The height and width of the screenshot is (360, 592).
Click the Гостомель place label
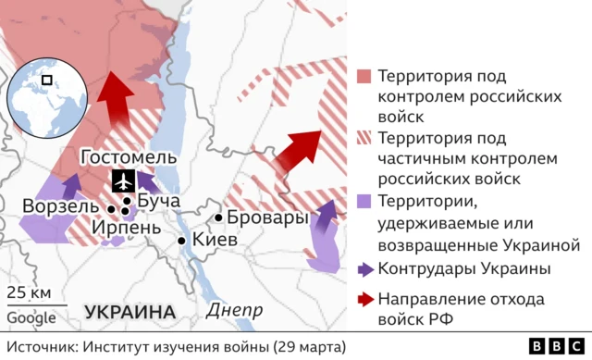(x=128, y=157)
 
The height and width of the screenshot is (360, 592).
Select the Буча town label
(x=156, y=201)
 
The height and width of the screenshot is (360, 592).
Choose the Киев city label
(x=214, y=240)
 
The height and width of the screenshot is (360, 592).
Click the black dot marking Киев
(x=183, y=241)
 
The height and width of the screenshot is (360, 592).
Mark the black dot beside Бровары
(x=219, y=218)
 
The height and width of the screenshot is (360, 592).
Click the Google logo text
(x=31, y=318)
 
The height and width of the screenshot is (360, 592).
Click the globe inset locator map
(x=46, y=97)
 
